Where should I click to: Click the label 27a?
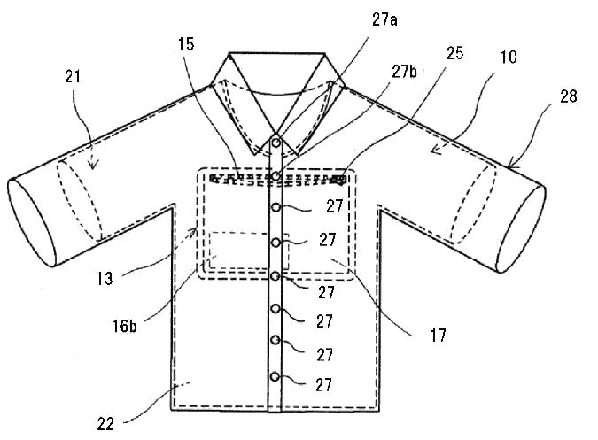tap(384, 19)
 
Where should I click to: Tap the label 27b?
tap(404, 71)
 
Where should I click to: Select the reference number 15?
tap(186, 44)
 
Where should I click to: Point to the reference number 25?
tap(455, 53)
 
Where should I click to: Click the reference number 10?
tap(509, 57)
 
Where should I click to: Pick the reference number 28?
tap(568, 96)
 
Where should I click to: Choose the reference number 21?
tap(73, 76)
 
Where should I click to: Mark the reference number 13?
tap(105, 279)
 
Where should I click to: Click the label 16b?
tap(124, 326)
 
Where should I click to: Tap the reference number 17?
tap(439, 336)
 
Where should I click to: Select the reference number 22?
tap(105, 424)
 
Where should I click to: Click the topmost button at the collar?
tap(276, 143)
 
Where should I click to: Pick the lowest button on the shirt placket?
tap(275, 377)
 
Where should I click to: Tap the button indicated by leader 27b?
tap(276, 175)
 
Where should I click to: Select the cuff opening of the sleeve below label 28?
tap(521, 228)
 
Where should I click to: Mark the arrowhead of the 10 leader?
tap(435, 151)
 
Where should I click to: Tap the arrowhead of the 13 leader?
tap(194, 230)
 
